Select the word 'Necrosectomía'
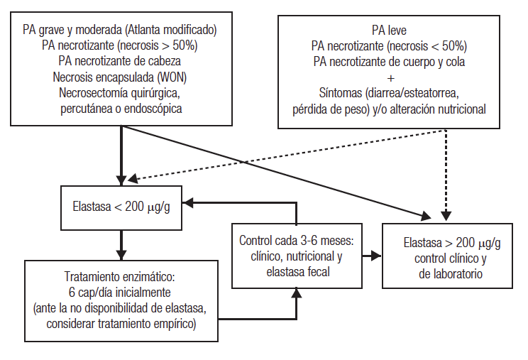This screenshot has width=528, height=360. click(x=91, y=92)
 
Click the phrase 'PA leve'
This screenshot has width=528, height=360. click(x=389, y=31)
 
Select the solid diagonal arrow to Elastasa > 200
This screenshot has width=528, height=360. click(x=284, y=171)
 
